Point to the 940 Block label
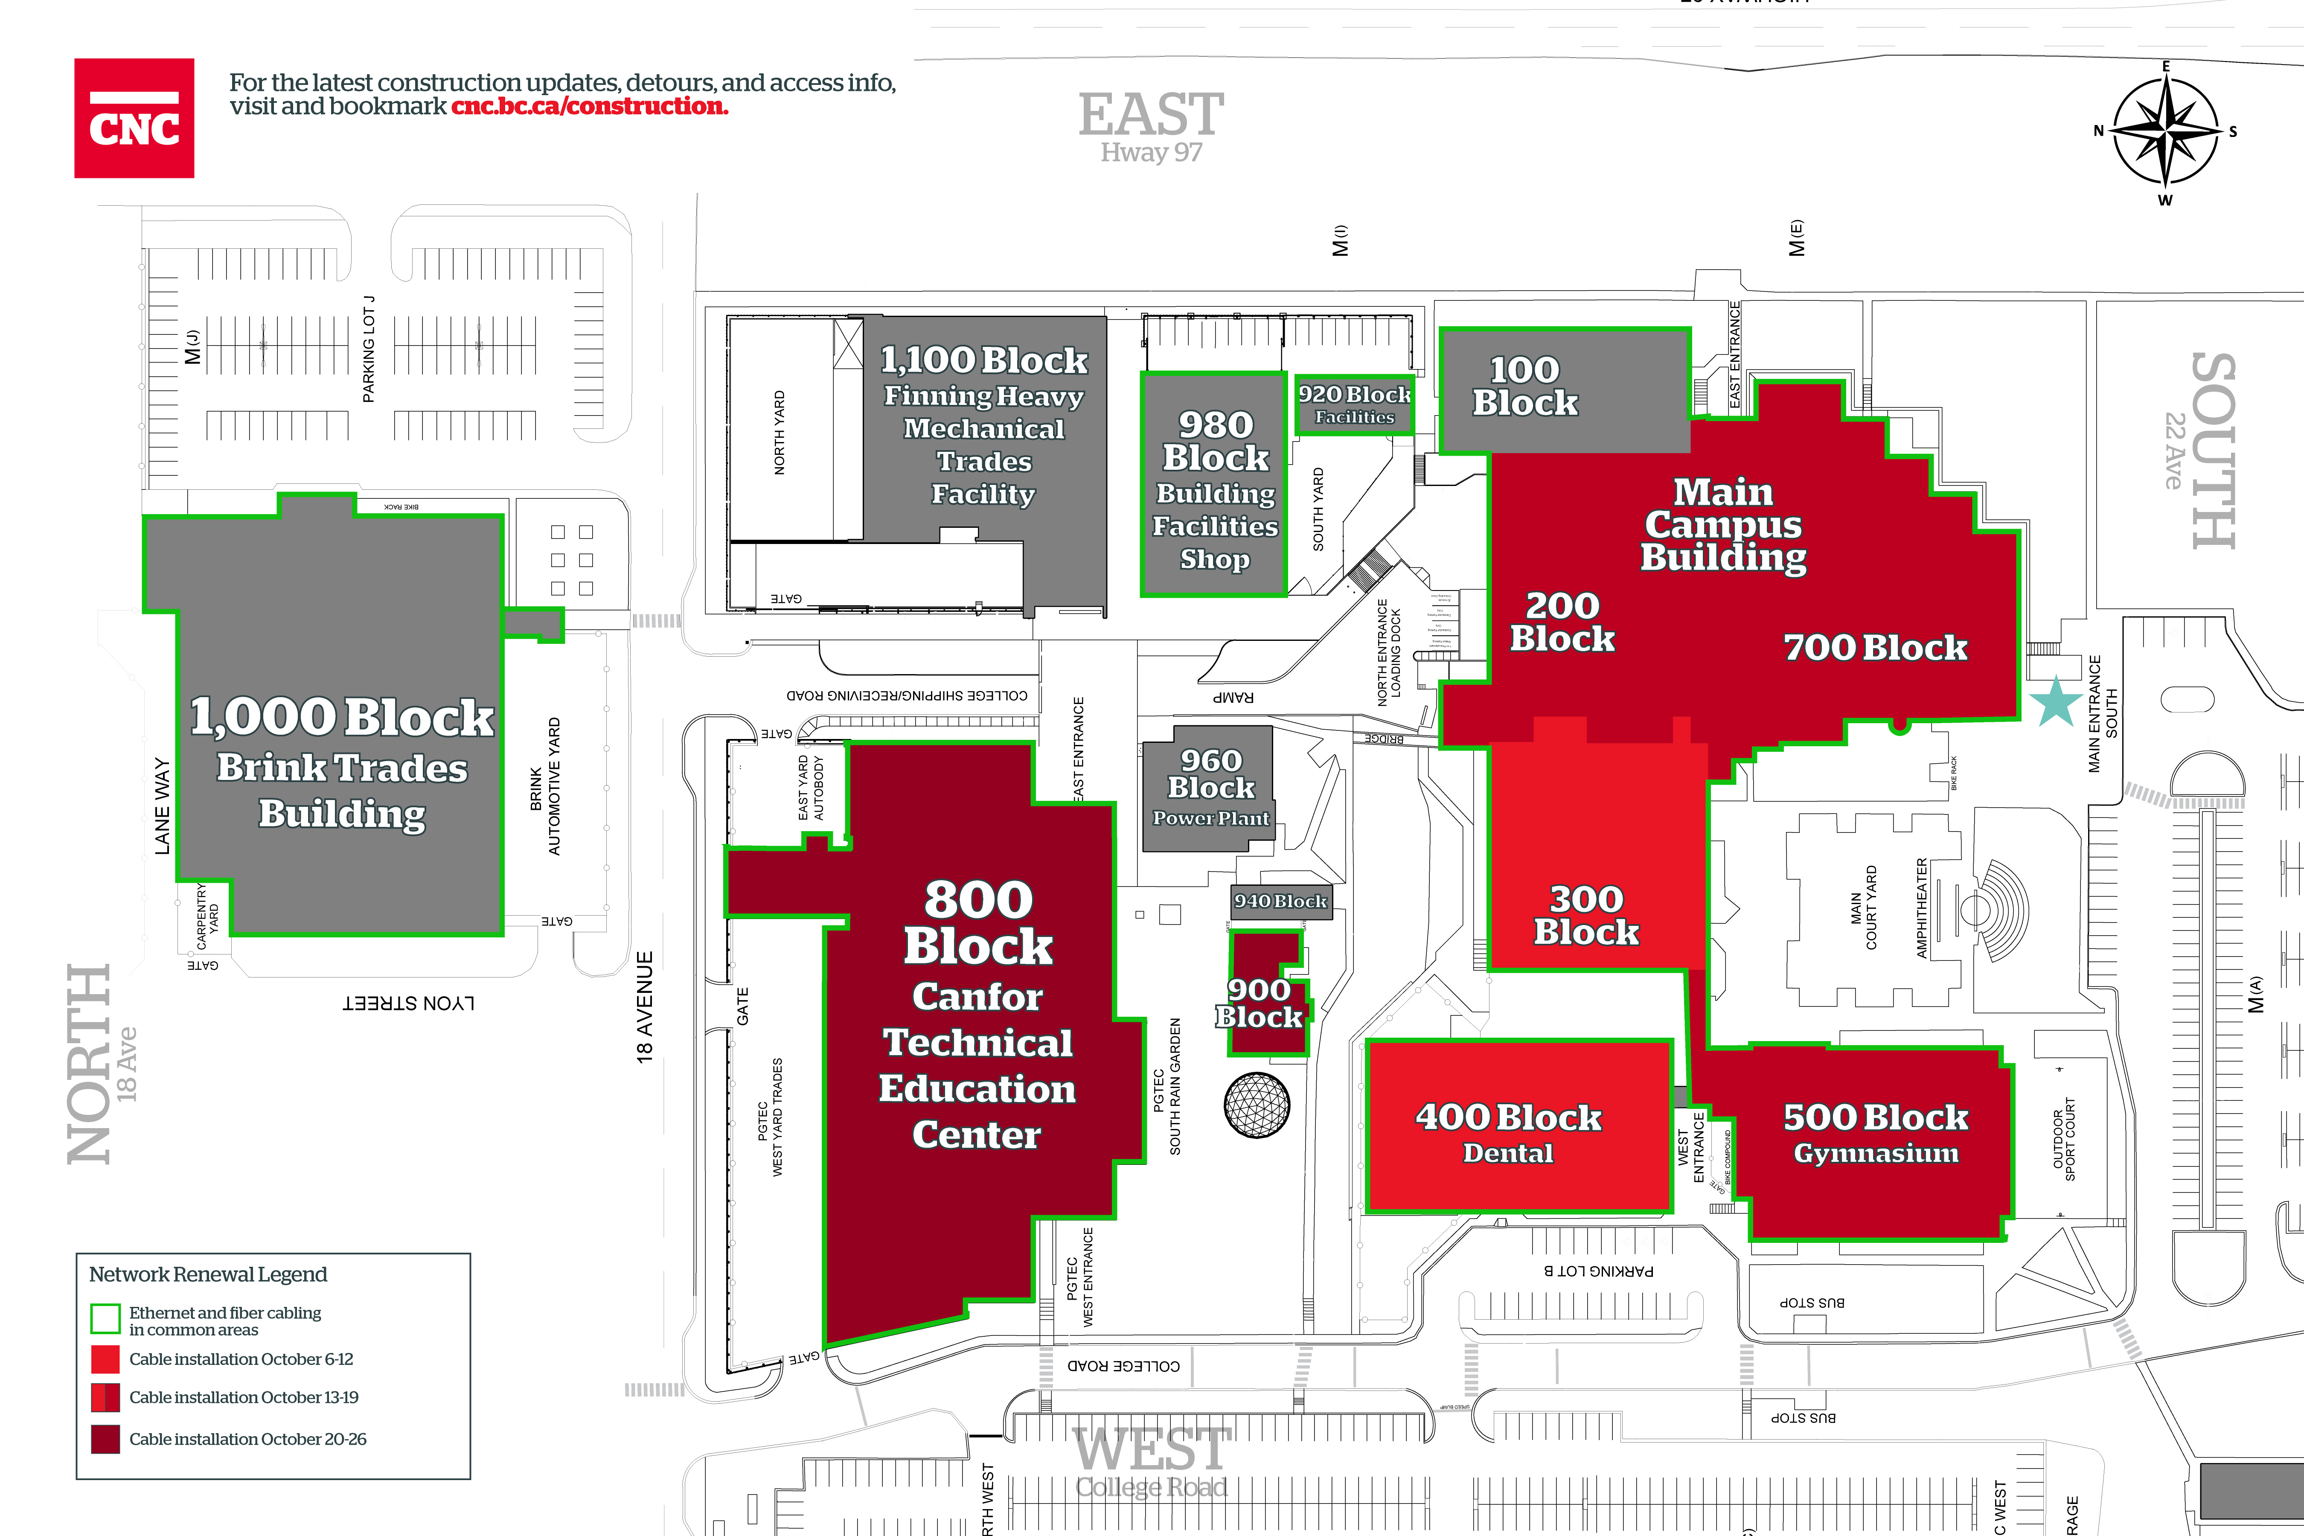[1280, 900]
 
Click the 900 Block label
[1260, 1003]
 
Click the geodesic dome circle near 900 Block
[1257, 1105]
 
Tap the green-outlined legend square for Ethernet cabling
[105, 1318]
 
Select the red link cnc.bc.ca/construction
[590, 106]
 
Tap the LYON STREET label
[408, 1003]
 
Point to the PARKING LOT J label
[368, 349]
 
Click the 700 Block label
[1875, 648]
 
